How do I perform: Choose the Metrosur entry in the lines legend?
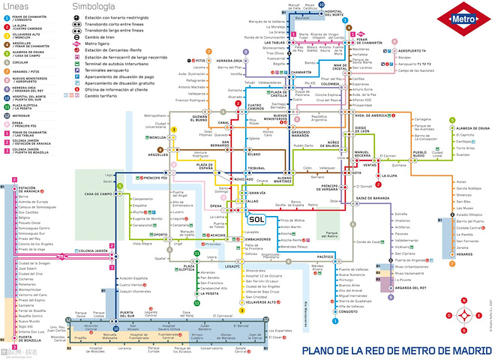click(x=22, y=116)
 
